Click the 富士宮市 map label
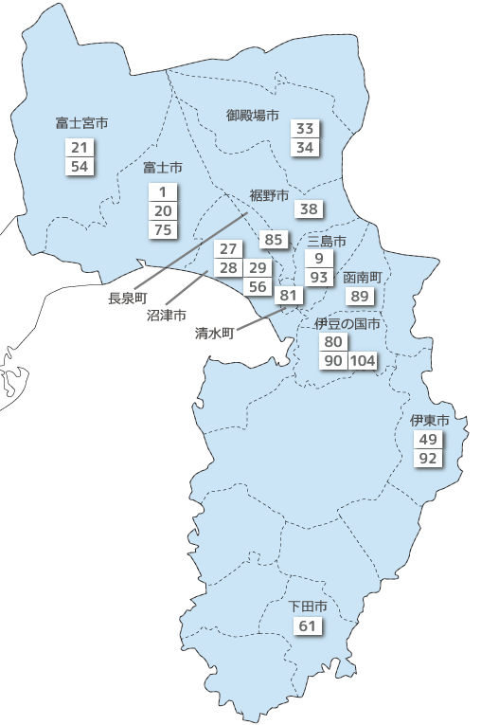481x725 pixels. point(80,123)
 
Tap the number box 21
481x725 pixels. point(79,148)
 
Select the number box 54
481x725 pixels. point(79,167)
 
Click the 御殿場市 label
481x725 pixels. point(253,115)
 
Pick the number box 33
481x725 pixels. point(305,129)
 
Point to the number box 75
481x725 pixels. point(163,229)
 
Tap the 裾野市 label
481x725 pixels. point(268,195)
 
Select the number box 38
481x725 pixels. point(310,209)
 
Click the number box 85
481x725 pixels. point(274,240)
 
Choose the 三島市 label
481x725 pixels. point(327,242)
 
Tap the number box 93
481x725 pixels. point(319,277)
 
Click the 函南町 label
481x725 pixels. point(362,278)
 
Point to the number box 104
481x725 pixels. point(364,361)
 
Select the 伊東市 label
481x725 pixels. point(429,420)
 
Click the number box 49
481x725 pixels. point(428,440)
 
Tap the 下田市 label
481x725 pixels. point(308,606)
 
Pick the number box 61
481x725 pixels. point(308,626)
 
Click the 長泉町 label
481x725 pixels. point(128,299)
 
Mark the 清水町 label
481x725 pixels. point(214,334)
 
